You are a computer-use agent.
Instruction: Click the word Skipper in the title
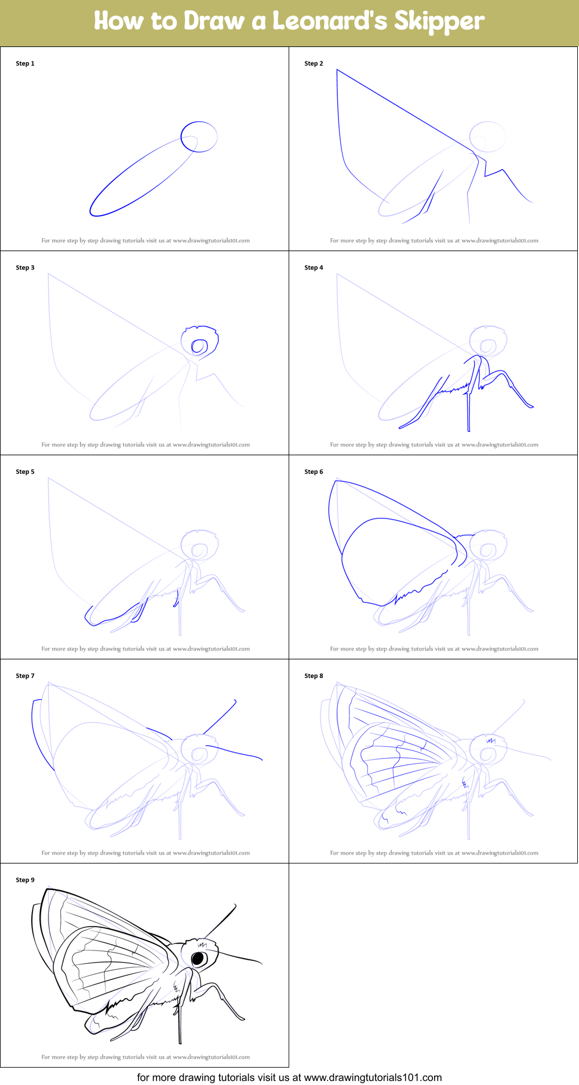click(x=439, y=21)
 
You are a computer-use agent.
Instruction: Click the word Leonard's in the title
click(x=329, y=21)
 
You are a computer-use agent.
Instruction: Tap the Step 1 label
click(x=25, y=63)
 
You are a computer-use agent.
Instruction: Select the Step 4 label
click(x=314, y=267)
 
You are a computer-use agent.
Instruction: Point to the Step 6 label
click(x=314, y=471)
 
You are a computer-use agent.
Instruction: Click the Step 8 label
click(x=314, y=676)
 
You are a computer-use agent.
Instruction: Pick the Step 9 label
click(x=25, y=880)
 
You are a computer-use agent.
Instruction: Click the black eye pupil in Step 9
click(x=198, y=958)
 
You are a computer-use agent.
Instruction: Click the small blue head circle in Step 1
click(x=199, y=137)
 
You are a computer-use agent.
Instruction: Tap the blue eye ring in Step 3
click(x=199, y=347)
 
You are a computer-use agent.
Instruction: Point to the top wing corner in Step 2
click(x=337, y=70)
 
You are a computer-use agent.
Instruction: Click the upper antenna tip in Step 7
click(x=235, y=701)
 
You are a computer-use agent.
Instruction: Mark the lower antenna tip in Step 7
click(x=261, y=759)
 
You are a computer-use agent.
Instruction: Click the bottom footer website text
click(x=289, y=1077)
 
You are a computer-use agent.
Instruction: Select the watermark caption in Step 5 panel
click(x=145, y=649)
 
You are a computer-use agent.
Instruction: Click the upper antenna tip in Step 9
click(x=235, y=905)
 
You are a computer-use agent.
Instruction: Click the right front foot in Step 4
click(x=529, y=407)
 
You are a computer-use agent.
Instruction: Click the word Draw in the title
click(x=214, y=21)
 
